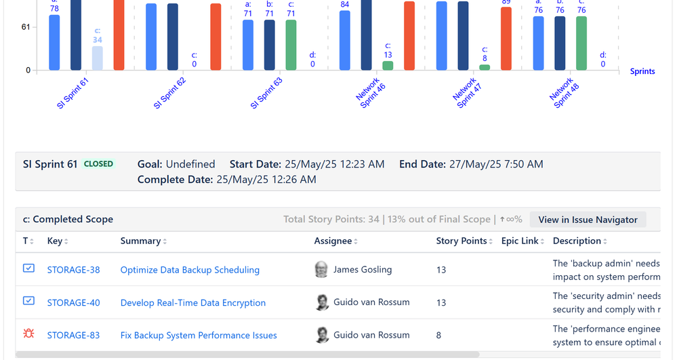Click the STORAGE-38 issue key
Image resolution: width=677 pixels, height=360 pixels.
tap(73, 270)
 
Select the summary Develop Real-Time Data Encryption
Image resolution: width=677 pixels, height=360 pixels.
tap(192, 302)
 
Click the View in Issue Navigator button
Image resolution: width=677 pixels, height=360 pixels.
tap(588, 220)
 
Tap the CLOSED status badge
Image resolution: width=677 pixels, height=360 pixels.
tap(98, 164)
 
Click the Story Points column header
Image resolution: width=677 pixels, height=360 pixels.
tap(461, 241)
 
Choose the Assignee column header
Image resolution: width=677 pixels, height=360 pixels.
tap(333, 241)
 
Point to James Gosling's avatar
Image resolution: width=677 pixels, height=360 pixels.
tap(322, 270)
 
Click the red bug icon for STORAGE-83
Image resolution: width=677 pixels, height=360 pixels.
tap(28, 334)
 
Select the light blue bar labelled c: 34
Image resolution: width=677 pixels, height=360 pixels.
tap(98, 58)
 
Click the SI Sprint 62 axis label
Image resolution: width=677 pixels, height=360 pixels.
tap(169, 94)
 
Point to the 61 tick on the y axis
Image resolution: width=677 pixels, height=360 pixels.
tap(26, 27)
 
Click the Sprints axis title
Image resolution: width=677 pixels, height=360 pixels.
tap(642, 71)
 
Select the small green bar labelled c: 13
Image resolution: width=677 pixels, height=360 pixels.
tap(388, 66)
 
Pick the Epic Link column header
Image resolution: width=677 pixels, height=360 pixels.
tap(520, 241)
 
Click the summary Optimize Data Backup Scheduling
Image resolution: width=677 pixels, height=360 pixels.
tap(190, 270)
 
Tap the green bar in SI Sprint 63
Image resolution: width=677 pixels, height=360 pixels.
tap(291, 45)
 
